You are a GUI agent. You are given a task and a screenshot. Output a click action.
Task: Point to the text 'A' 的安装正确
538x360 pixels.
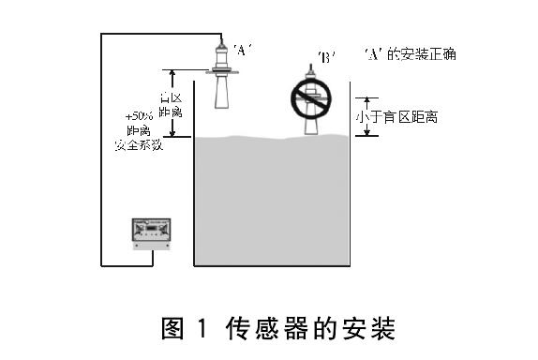[x=411, y=54]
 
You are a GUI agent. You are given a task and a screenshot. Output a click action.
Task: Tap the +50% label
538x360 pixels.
[x=140, y=115]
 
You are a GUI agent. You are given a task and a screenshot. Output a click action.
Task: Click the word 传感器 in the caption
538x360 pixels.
[x=268, y=329]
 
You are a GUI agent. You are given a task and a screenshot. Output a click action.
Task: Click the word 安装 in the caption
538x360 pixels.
[x=372, y=329]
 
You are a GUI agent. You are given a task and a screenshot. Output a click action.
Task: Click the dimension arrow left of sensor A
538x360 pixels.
[x=172, y=103]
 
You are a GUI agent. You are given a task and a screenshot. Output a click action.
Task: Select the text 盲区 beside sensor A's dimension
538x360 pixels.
[x=170, y=97]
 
